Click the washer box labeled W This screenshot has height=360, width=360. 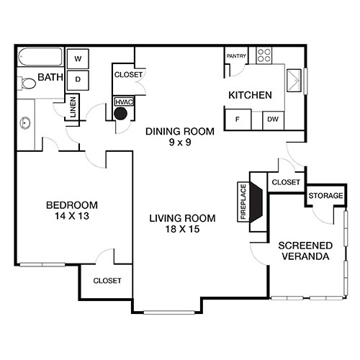click(x=78, y=58)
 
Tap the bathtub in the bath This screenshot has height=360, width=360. click(x=40, y=57)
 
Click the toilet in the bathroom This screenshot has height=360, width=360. click(x=27, y=84)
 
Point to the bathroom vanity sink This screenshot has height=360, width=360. click(x=25, y=122)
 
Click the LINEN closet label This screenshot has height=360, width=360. click(x=73, y=109)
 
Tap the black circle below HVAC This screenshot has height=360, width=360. click(x=122, y=113)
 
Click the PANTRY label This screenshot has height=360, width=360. click(x=236, y=55)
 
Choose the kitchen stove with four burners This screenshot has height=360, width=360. click(x=264, y=54)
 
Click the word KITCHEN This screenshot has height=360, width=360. click(x=250, y=95)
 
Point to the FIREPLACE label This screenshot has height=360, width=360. click(x=243, y=202)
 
